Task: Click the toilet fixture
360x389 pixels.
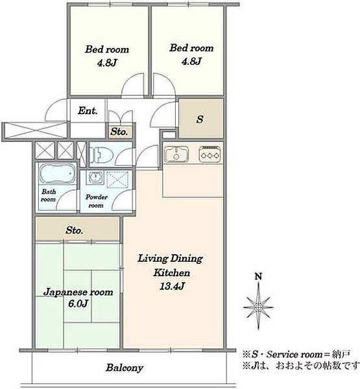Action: pos(101,155)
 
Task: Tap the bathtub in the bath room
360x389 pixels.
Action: pos(57,173)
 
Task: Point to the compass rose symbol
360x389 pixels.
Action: pos(258,307)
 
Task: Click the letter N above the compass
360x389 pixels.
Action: pos(259,276)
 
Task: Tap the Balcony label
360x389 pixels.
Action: pos(125,368)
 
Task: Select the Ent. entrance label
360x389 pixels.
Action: pos(88,111)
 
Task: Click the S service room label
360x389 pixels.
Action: pos(200,119)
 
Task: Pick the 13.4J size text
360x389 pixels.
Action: pos(172,287)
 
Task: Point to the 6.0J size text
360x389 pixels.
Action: pos(78,303)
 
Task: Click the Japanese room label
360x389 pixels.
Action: pos(78,292)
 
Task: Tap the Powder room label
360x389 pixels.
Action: pos(97,201)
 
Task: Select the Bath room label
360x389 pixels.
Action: pos(49,195)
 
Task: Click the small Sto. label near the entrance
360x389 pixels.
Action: pos(119,132)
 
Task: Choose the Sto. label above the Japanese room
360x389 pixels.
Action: pos(74,230)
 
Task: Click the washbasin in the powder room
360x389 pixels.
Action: pos(95,177)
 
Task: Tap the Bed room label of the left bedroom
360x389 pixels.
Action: pos(107,49)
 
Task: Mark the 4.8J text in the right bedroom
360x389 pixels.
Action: pos(191,61)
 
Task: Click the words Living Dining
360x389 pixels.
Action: pos(171,259)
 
